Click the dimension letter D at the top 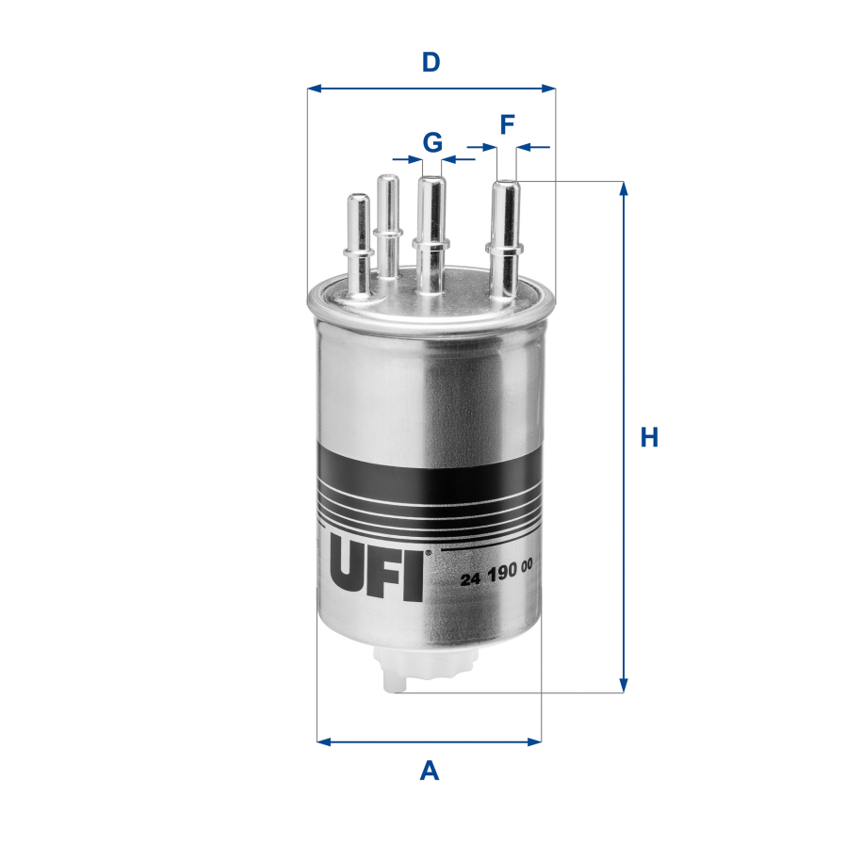(x=431, y=63)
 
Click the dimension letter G (x=432, y=142)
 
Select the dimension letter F (x=507, y=123)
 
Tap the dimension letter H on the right (x=649, y=438)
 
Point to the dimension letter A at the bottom (x=430, y=772)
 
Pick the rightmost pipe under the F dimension (x=504, y=236)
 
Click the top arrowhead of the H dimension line (x=623, y=188)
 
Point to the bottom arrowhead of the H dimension (x=623, y=685)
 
